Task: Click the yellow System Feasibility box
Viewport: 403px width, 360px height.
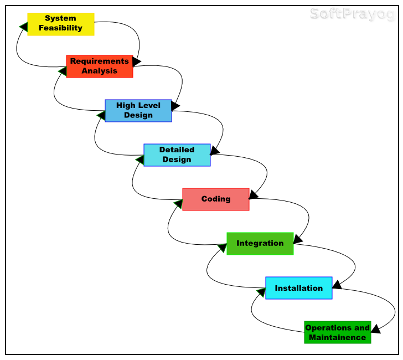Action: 61,24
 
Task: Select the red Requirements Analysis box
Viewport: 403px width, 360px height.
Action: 100,66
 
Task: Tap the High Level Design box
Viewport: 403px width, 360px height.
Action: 138,111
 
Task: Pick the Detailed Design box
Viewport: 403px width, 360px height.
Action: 177,155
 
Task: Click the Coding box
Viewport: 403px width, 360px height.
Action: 216,199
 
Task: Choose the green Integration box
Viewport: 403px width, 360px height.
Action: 260,244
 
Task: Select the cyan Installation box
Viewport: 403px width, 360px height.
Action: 299,288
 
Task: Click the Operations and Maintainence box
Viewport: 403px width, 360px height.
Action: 338,332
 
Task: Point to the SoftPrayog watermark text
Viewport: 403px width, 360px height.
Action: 352,14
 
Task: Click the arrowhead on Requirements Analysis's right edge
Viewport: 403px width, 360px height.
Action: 137,61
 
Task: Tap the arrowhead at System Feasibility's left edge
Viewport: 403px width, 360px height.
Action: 23,26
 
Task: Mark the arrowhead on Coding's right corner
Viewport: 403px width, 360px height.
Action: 254,194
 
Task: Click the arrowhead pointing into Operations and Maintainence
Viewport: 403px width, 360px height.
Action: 375,329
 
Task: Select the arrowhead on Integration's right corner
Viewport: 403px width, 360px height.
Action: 298,239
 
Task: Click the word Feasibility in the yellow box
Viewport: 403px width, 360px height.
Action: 61,28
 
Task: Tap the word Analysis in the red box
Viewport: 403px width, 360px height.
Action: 100,71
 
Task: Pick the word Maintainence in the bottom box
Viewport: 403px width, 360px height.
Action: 338,337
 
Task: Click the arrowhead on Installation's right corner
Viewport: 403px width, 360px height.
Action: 337,284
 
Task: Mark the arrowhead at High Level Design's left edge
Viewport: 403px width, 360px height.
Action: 101,115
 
